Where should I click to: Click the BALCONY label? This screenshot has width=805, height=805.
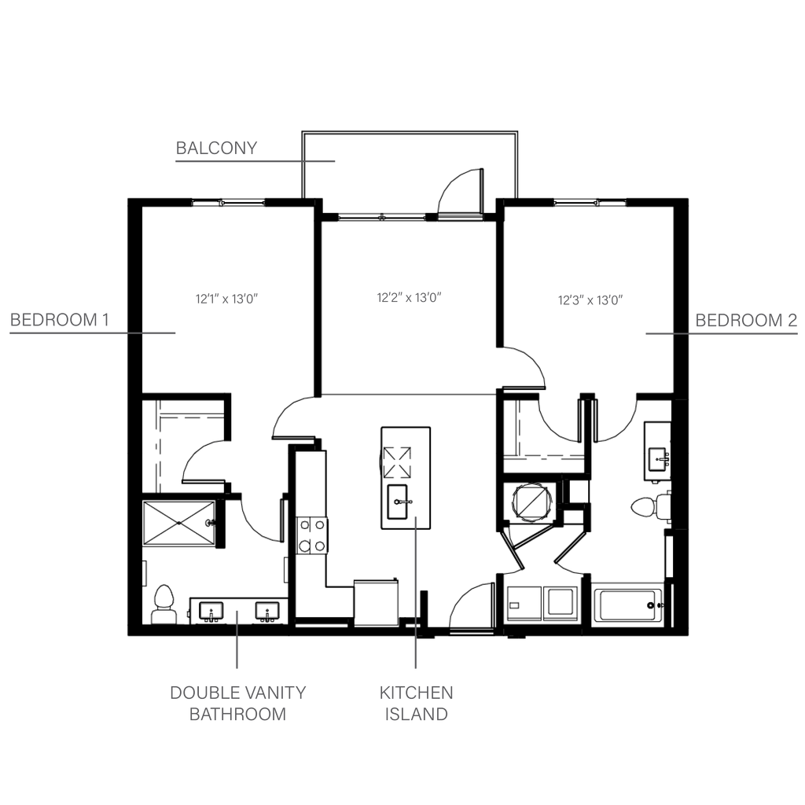(216, 148)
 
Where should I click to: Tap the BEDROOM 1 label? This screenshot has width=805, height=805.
(60, 320)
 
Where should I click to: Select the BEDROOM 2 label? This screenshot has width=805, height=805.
(746, 321)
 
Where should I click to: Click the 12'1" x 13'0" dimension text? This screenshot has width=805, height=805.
(226, 299)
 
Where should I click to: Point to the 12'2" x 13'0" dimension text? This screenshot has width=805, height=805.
(409, 297)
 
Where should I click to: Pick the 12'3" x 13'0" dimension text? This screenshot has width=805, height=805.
(590, 300)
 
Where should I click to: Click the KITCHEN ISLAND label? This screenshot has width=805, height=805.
(417, 704)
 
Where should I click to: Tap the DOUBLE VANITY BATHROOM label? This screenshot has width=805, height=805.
(237, 704)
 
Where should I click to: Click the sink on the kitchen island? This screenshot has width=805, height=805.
(397, 502)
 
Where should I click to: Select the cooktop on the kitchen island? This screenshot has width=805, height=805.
(397, 462)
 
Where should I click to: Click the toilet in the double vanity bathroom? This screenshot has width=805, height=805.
(164, 605)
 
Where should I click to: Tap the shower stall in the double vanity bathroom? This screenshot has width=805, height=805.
(178, 523)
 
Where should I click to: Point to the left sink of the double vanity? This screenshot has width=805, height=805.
(211, 612)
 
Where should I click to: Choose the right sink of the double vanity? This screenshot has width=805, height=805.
(267, 612)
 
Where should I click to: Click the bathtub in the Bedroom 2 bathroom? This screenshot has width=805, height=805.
(628, 605)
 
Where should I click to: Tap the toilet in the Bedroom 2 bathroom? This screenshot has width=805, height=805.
(650, 507)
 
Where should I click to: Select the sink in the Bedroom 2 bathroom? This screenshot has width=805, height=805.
(658, 459)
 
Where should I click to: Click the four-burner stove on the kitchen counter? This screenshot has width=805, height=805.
(312, 535)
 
